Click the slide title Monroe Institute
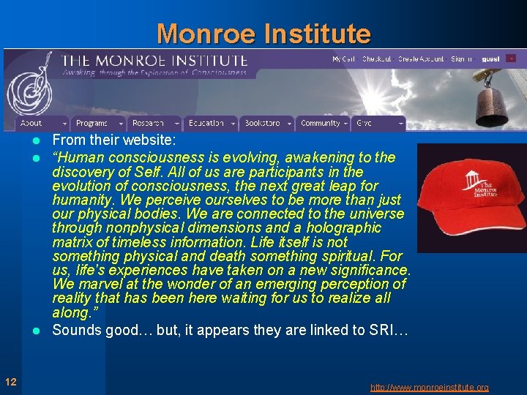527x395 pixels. pyautogui.click(x=263, y=34)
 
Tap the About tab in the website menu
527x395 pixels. pyautogui.click(x=31, y=124)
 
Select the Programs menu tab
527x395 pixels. pyautogui.click(x=92, y=124)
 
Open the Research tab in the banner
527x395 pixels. pyautogui.click(x=149, y=124)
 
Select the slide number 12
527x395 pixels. pyautogui.click(x=10, y=381)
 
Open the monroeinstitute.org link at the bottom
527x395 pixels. pyautogui.click(x=429, y=388)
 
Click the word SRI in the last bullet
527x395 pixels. pyautogui.click(x=379, y=330)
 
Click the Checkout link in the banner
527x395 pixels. pyautogui.click(x=377, y=59)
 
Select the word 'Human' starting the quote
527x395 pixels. pyautogui.click(x=78, y=158)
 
